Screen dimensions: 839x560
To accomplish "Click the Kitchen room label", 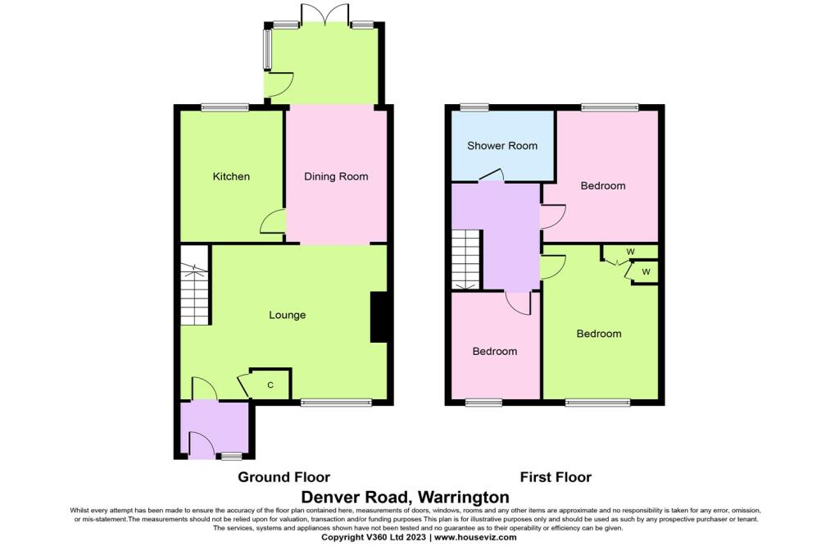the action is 231,176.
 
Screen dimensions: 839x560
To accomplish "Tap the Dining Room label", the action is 336,176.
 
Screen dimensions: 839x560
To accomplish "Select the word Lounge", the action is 288,316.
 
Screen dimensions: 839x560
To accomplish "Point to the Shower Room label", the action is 502,146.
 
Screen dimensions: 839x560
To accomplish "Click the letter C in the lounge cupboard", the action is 270,385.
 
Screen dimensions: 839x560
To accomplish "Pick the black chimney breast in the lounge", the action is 379,316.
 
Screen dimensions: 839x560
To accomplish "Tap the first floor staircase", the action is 466,260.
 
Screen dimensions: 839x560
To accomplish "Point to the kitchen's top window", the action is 224,107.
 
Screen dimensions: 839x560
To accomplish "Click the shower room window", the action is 474,107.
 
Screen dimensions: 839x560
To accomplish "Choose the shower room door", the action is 492,175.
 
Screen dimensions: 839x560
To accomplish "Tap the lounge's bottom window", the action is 336,402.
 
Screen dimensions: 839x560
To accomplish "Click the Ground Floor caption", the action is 284,477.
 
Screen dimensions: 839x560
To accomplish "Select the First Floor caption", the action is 556,477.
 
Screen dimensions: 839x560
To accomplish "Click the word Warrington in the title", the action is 463,497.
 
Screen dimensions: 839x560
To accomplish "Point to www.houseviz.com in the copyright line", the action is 475,537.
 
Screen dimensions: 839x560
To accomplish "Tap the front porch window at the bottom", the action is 232,456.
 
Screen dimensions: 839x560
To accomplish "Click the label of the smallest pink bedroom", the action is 495,352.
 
